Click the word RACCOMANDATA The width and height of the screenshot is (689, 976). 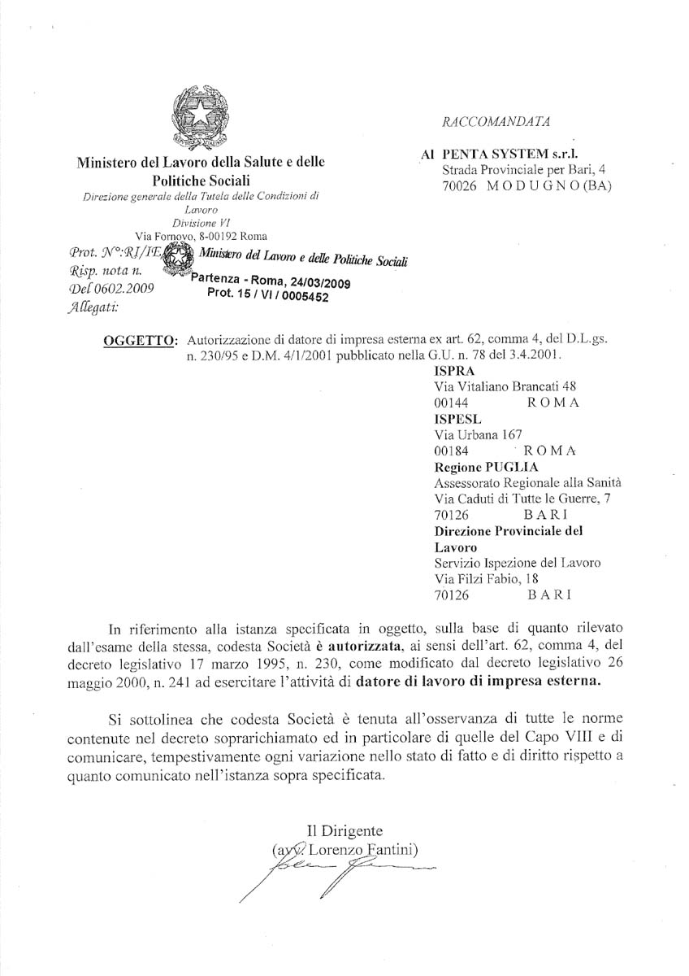click(x=496, y=122)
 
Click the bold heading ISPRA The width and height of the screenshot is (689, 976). click(x=452, y=371)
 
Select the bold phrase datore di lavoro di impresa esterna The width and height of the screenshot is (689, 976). click(x=480, y=682)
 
